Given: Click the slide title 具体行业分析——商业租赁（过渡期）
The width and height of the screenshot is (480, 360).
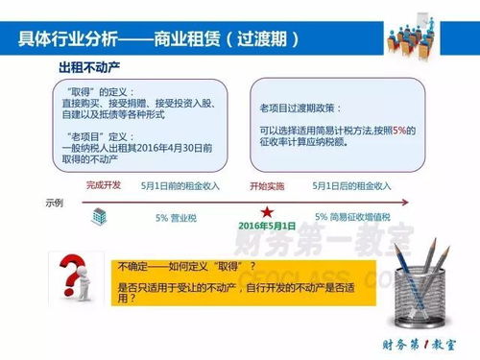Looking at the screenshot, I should (x=158, y=39).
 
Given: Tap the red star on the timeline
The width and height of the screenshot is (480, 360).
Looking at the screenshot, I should (x=265, y=212).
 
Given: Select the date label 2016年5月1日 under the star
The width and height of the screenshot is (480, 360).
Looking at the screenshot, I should (x=265, y=227).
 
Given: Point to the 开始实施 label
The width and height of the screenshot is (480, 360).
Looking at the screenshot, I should (x=265, y=185).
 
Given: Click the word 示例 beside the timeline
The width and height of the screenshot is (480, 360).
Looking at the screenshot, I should (x=56, y=204).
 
